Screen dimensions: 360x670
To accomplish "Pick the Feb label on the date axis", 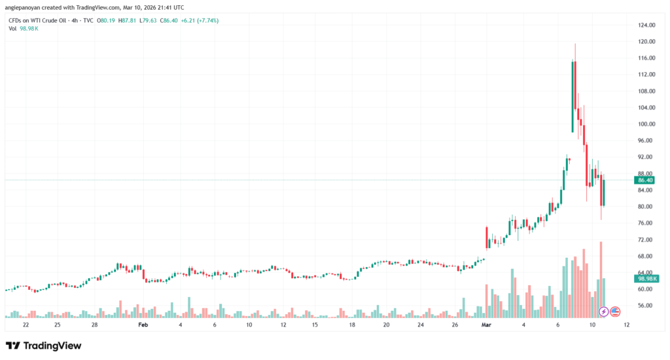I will tap(144, 325).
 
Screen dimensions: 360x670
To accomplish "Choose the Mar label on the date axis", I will tap(486, 325).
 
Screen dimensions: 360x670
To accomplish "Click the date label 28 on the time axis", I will tap(95, 325).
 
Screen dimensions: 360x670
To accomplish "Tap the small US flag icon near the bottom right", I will tap(615, 311).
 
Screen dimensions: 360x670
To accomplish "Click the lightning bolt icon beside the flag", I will tap(604, 311).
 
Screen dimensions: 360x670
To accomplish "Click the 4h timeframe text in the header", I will tap(74, 20).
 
